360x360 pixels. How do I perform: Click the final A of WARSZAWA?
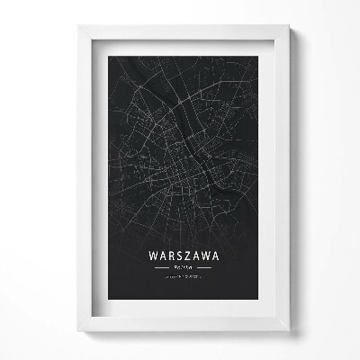(x=217, y=256)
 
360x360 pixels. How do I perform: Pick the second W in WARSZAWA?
(x=206, y=256)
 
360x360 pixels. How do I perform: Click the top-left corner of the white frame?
(x=78, y=26)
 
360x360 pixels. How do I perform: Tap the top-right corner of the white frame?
(x=289, y=26)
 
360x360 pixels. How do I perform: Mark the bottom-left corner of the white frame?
(x=78, y=331)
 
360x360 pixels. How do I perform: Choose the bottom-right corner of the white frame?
(x=289, y=331)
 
